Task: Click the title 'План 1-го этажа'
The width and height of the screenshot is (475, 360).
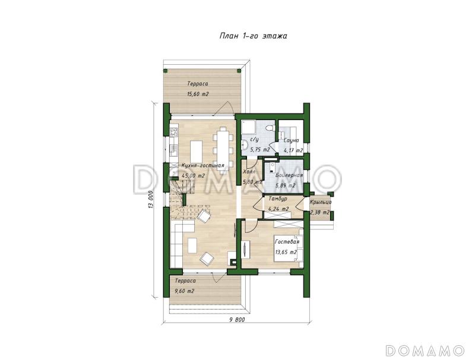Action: (x=254, y=36)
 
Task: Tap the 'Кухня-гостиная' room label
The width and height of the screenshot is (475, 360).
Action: (x=202, y=166)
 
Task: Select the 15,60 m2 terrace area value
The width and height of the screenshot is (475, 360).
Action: (x=198, y=94)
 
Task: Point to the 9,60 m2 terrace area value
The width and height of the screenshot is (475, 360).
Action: (x=185, y=291)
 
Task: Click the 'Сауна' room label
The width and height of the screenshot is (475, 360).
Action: (x=292, y=140)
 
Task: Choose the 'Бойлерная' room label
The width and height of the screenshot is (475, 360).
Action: (x=289, y=175)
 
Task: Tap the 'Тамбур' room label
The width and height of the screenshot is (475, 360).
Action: (x=278, y=199)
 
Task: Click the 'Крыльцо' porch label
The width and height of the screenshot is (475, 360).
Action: (x=321, y=202)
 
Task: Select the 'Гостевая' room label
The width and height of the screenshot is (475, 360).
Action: (x=287, y=242)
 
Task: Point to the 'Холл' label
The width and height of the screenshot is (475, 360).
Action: (x=249, y=172)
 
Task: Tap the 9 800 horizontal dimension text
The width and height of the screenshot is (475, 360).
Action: (x=237, y=320)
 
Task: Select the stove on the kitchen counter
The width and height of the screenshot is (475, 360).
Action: (x=174, y=132)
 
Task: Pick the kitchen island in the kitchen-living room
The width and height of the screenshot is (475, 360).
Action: (x=196, y=151)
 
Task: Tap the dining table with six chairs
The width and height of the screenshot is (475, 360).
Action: (x=224, y=147)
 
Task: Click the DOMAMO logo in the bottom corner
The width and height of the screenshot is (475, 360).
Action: (x=425, y=350)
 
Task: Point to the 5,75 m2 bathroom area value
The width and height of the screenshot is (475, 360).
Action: (x=260, y=149)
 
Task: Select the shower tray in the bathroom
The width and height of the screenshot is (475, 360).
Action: (x=248, y=127)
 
